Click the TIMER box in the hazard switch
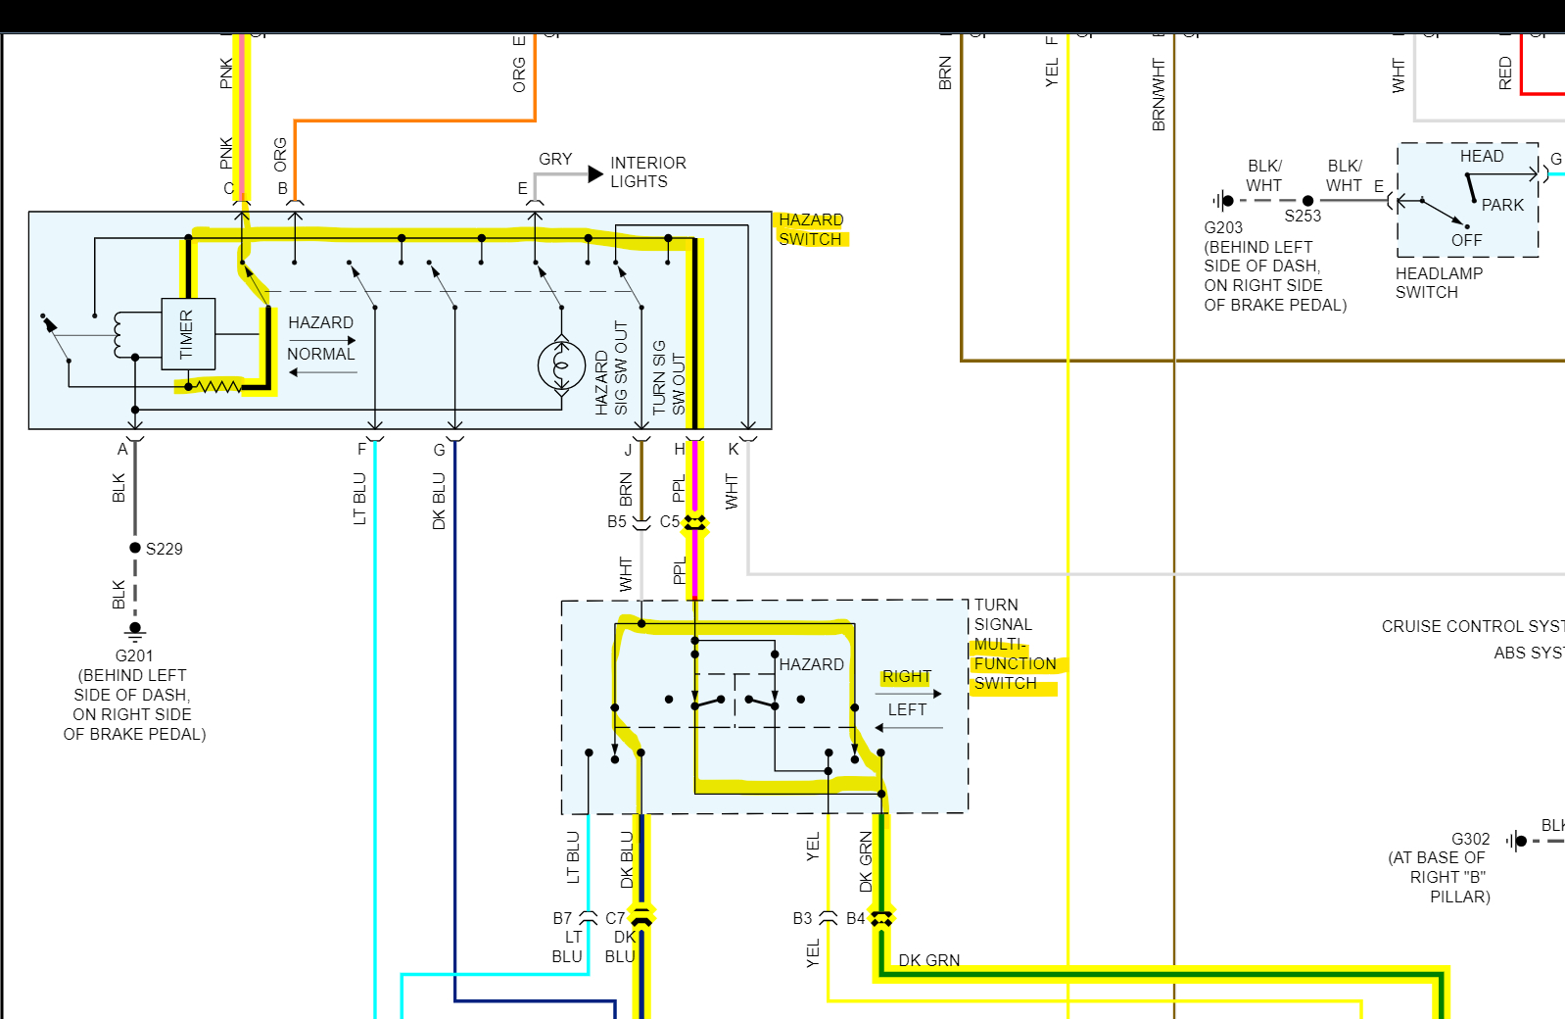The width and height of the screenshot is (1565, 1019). [187, 334]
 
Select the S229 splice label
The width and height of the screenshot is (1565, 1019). [164, 549]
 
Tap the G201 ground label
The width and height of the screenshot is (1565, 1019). [134, 655]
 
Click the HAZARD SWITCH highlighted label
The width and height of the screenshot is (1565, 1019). [810, 229]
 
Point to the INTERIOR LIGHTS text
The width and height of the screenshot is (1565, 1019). [647, 172]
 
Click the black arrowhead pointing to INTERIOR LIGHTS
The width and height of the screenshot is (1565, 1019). [595, 174]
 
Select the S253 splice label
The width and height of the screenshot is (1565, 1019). [1303, 216]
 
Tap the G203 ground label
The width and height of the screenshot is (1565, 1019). [1223, 227]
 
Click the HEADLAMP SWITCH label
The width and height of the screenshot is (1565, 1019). [1439, 282]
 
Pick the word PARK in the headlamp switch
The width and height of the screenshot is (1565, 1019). [1502, 205]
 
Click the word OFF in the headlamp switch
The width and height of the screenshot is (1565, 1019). [1466, 240]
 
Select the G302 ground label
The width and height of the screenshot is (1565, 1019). [1470, 839]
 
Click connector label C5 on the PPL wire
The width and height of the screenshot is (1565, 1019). [669, 521]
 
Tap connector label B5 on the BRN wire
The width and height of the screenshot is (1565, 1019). [616, 521]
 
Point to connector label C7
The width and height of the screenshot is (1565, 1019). [614, 918]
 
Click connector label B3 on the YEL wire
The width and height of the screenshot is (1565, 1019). [802, 918]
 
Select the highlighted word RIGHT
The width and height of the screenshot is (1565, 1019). [906, 677]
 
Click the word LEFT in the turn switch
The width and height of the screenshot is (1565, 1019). [907, 709]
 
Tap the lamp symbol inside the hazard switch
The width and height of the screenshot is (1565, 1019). [562, 366]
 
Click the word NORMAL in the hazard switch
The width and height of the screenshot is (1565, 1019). [320, 354]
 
